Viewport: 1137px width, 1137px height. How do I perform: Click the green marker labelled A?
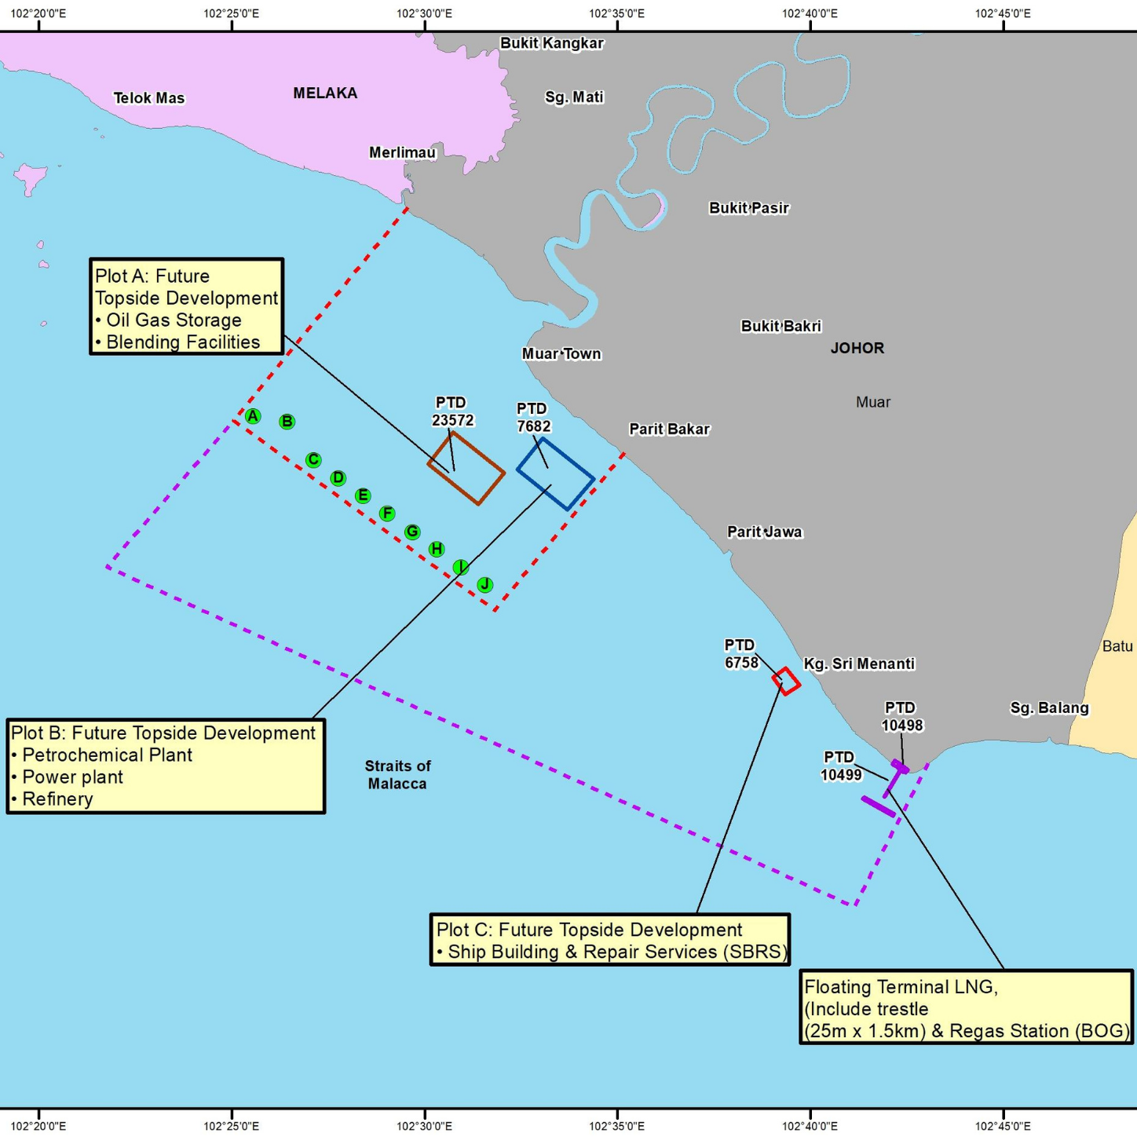(x=252, y=416)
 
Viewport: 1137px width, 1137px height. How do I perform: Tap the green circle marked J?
(x=485, y=584)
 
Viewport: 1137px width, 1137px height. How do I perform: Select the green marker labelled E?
(x=362, y=495)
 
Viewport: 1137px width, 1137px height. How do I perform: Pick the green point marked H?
(x=437, y=549)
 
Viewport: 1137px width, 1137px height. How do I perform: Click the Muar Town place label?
(x=561, y=354)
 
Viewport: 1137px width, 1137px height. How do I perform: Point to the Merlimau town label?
(x=402, y=152)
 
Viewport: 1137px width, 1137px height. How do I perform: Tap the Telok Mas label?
(x=149, y=98)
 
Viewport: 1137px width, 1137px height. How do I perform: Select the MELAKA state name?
(x=325, y=93)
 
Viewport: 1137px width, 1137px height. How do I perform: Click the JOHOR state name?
(x=857, y=348)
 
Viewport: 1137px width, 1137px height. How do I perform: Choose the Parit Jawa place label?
(x=764, y=532)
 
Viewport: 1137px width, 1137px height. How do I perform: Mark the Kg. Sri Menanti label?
(x=859, y=664)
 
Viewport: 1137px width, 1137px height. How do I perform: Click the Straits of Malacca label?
(x=397, y=774)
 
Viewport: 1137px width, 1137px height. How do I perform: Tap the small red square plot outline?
(x=786, y=681)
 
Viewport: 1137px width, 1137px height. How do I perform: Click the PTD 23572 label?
(x=452, y=411)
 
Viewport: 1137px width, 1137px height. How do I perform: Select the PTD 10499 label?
(x=840, y=766)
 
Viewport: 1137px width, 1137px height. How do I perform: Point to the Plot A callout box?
(x=186, y=307)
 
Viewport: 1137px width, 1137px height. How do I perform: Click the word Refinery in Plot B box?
(x=57, y=799)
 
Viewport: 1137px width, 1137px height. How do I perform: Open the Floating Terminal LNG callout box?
(x=966, y=1008)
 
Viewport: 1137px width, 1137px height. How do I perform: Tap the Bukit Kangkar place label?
(x=552, y=43)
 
